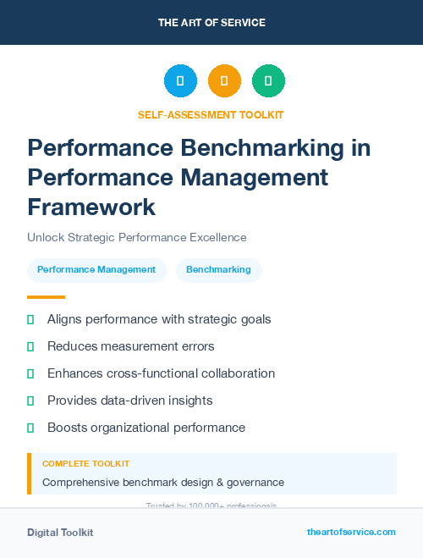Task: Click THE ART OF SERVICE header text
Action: pos(211,23)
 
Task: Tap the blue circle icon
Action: pos(180,80)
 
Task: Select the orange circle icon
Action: pos(224,80)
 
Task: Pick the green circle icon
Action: pos(268,80)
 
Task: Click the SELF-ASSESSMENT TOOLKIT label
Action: pos(211,114)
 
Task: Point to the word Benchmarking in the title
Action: pos(277,148)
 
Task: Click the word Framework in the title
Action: pos(91,207)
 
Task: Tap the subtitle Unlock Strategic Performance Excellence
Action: pos(136,238)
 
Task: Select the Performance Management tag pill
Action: pos(96,269)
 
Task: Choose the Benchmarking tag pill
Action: pos(218,269)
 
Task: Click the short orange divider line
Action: pos(46,297)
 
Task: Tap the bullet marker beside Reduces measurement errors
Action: pos(30,346)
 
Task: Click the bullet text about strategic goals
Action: pos(159,319)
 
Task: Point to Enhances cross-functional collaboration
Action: pos(161,373)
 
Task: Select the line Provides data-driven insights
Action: pos(129,401)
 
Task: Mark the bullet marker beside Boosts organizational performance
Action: pos(30,428)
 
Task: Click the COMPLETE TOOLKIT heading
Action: pos(85,464)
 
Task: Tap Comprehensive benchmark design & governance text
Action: pos(163,483)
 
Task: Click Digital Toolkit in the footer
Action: pos(60,533)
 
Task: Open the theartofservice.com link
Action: pos(351,532)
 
